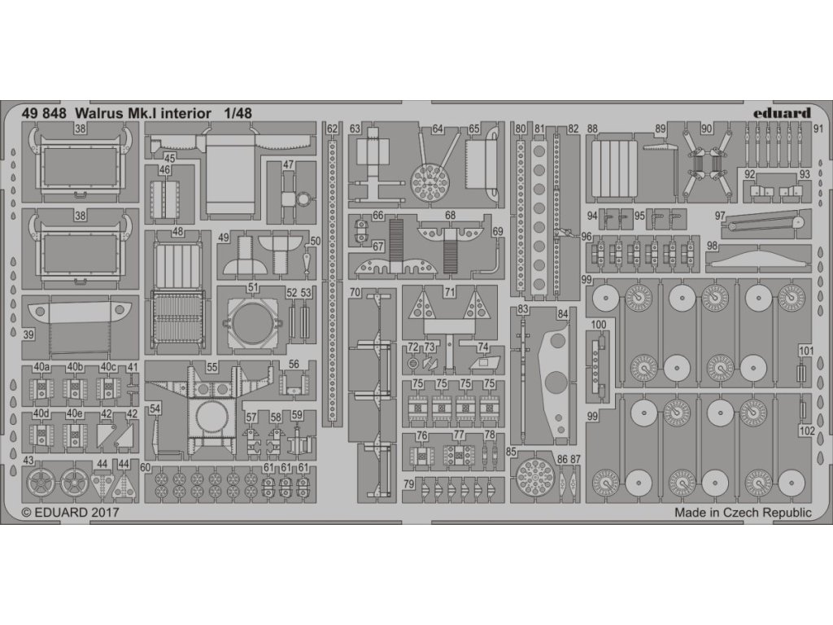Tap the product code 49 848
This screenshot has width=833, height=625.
[x=44, y=114]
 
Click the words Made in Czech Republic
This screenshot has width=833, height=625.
[x=743, y=513]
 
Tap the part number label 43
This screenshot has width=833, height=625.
[x=29, y=461]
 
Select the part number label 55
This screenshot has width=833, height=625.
[x=212, y=368]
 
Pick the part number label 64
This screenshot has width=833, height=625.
[x=438, y=129]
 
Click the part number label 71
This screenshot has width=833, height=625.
[x=450, y=291]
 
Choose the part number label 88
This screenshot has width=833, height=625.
[x=592, y=129]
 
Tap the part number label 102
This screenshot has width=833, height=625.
[x=806, y=432]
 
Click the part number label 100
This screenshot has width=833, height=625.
[x=600, y=326]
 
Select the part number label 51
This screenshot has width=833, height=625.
[x=253, y=287]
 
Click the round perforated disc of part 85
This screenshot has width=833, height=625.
[x=534, y=471]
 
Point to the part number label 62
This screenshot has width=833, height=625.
[x=331, y=129]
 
